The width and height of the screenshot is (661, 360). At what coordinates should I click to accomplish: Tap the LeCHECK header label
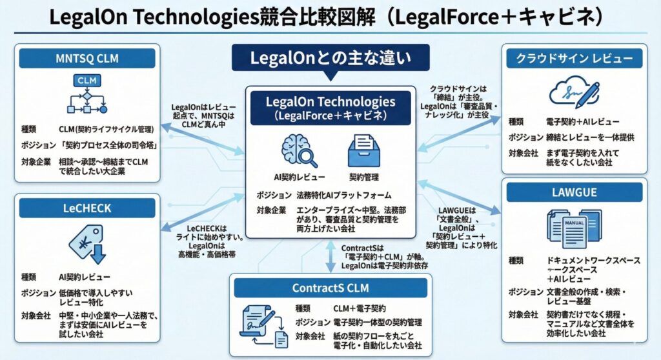(87, 208)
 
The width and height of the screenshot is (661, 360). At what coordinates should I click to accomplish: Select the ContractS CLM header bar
(330, 288)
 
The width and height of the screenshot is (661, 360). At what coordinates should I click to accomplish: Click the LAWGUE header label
(574, 192)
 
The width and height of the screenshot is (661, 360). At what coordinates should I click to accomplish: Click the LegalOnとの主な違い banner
(330, 59)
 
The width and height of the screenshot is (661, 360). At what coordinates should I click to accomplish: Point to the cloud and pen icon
(573, 94)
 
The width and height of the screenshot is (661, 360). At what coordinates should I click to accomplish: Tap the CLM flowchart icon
(87, 95)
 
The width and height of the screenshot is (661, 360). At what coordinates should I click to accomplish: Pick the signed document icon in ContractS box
(265, 328)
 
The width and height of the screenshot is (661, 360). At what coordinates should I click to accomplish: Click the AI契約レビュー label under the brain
(299, 177)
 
